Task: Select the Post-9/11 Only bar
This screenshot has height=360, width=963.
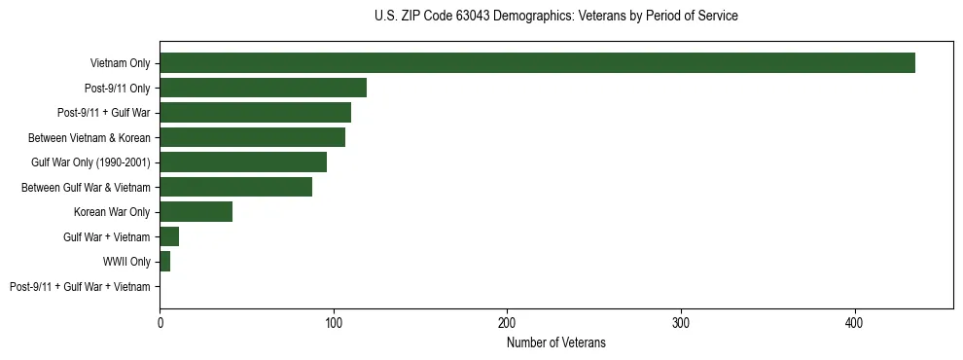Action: (x=263, y=88)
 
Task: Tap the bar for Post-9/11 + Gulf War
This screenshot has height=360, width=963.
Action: (x=255, y=113)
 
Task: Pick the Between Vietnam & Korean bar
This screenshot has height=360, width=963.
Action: (x=252, y=137)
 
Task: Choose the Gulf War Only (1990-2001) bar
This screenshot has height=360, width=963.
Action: (x=243, y=162)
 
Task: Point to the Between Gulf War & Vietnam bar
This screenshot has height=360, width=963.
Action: (x=235, y=187)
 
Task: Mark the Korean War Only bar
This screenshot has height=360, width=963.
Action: (x=196, y=212)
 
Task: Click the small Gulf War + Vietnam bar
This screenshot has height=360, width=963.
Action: (x=169, y=236)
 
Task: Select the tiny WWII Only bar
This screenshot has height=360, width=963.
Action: (x=164, y=262)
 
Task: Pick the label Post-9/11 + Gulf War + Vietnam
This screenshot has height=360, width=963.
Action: (x=80, y=287)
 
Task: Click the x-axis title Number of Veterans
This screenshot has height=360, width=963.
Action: (x=556, y=342)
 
